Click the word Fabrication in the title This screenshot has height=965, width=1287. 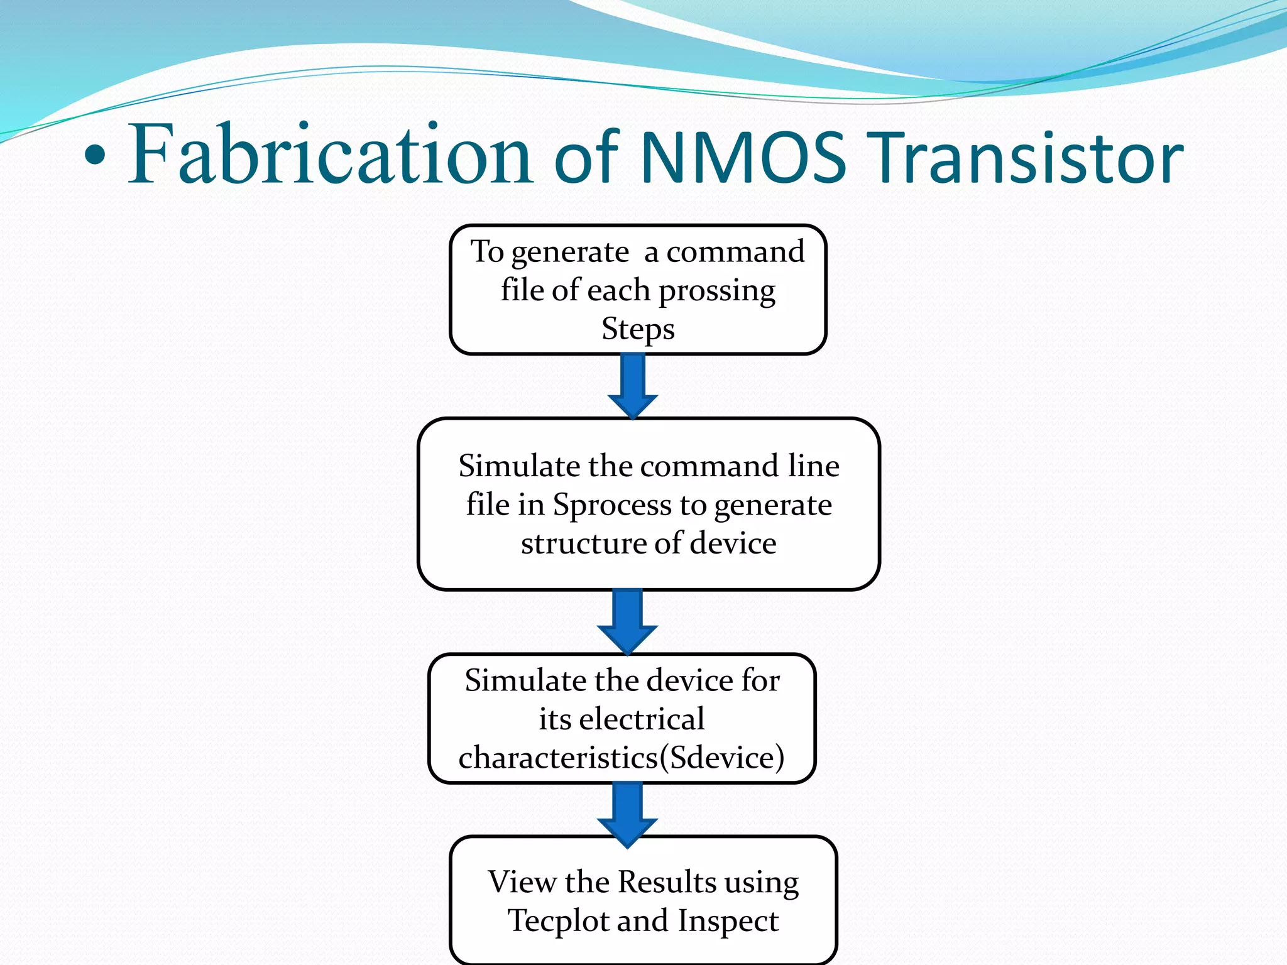pyautogui.click(x=331, y=155)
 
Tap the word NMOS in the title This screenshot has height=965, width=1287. pyautogui.click(x=743, y=157)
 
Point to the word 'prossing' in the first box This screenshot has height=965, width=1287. pyautogui.click(x=717, y=291)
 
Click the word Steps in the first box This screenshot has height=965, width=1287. pyautogui.click(x=638, y=329)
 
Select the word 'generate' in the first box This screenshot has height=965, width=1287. pyautogui.click(x=570, y=253)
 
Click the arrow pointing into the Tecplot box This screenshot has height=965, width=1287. pyautogui.click(x=627, y=814)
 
